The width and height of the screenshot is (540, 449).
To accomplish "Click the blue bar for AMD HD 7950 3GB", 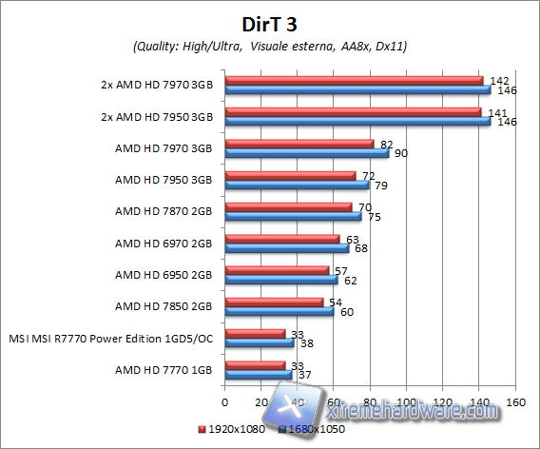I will point(298,184).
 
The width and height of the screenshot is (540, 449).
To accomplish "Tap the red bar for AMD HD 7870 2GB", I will point(288,206).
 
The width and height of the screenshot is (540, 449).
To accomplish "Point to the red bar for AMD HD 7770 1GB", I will point(255,364).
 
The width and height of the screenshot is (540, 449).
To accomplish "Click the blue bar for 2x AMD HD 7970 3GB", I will point(357,89).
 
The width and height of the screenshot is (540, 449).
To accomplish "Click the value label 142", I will point(493,80).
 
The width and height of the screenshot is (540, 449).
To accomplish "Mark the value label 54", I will point(335,302).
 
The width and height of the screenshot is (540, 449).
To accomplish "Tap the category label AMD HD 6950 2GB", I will point(164,275).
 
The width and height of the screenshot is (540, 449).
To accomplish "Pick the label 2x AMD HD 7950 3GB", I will point(157,116).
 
